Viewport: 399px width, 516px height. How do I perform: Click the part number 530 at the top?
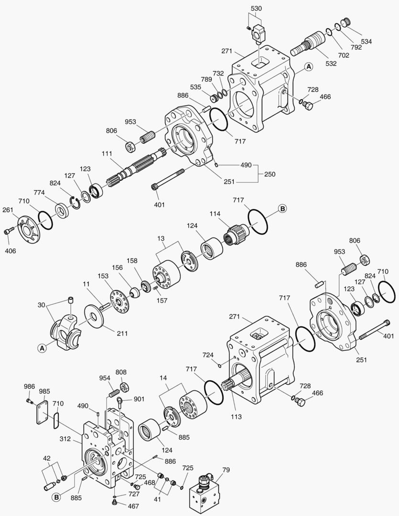click(x=256, y=9)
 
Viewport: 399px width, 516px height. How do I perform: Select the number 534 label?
click(x=367, y=42)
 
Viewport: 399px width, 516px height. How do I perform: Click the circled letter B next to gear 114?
click(x=282, y=209)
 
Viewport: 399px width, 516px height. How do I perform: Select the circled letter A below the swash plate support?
click(x=42, y=348)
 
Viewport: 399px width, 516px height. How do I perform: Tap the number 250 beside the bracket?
click(x=270, y=175)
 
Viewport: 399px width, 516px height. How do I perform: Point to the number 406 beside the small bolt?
click(x=11, y=250)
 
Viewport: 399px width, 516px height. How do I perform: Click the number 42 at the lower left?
click(x=46, y=458)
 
